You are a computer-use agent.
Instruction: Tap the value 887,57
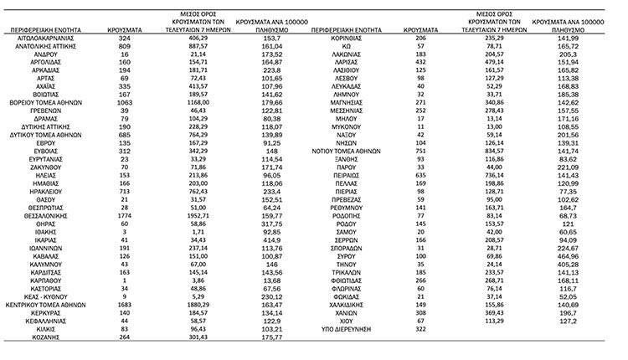pyautogui.click(x=193, y=47)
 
